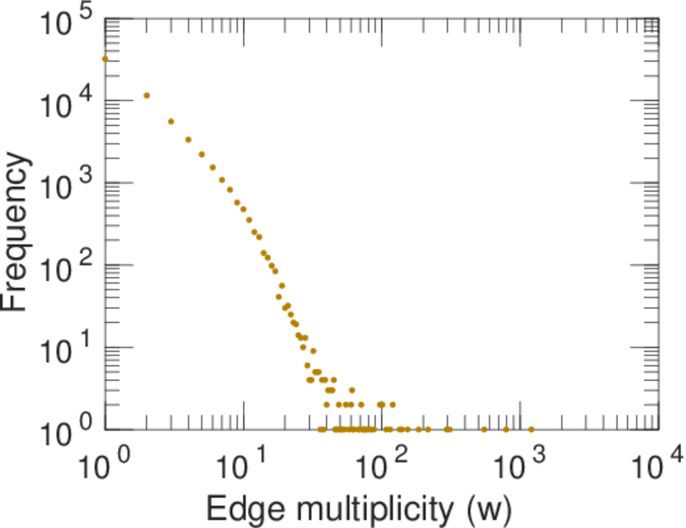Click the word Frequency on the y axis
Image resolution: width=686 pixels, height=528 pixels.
click(19, 231)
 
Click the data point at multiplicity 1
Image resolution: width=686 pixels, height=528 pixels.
click(105, 59)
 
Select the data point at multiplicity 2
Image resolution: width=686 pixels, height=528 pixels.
click(146, 95)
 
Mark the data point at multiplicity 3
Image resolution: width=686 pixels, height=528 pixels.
click(171, 121)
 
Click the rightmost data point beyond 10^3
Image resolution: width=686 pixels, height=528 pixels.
click(531, 429)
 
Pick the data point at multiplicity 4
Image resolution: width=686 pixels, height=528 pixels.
click(188, 139)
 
